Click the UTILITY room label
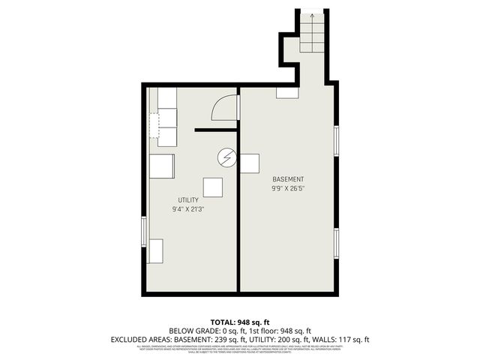(x=188, y=199)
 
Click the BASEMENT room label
(x=288, y=179)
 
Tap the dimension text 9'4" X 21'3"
(x=188, y=209)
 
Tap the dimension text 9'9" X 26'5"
(x=288, y=189)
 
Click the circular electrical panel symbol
(x=226, y=157)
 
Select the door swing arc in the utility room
(x=223, y=109)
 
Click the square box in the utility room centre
(x=213, y=187)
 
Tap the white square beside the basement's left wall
(x=250, y=163)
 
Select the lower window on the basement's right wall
(x=337, y=241)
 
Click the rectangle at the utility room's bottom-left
(x=156, y=251)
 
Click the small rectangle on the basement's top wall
(x=287, y=93)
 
